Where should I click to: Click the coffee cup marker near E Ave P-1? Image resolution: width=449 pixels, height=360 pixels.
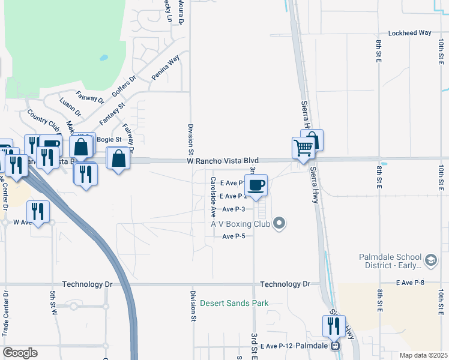256,185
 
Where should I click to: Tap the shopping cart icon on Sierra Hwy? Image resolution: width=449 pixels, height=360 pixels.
304,148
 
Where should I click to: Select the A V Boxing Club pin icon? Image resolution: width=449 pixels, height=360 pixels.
278,224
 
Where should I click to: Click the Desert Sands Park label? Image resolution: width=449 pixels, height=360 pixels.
234,303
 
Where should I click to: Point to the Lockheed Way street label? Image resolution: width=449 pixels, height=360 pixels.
411,33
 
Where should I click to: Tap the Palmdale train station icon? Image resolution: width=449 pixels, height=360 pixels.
336,346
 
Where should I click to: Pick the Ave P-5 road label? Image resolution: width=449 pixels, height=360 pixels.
234,236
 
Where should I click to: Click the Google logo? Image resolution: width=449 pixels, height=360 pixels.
20,353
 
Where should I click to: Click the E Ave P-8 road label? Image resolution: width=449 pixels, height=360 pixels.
411,282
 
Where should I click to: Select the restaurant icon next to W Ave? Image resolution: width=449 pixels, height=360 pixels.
38,212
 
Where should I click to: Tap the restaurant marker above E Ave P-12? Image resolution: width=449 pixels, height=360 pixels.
333,326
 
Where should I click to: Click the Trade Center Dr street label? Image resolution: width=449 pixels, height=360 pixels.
6,312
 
